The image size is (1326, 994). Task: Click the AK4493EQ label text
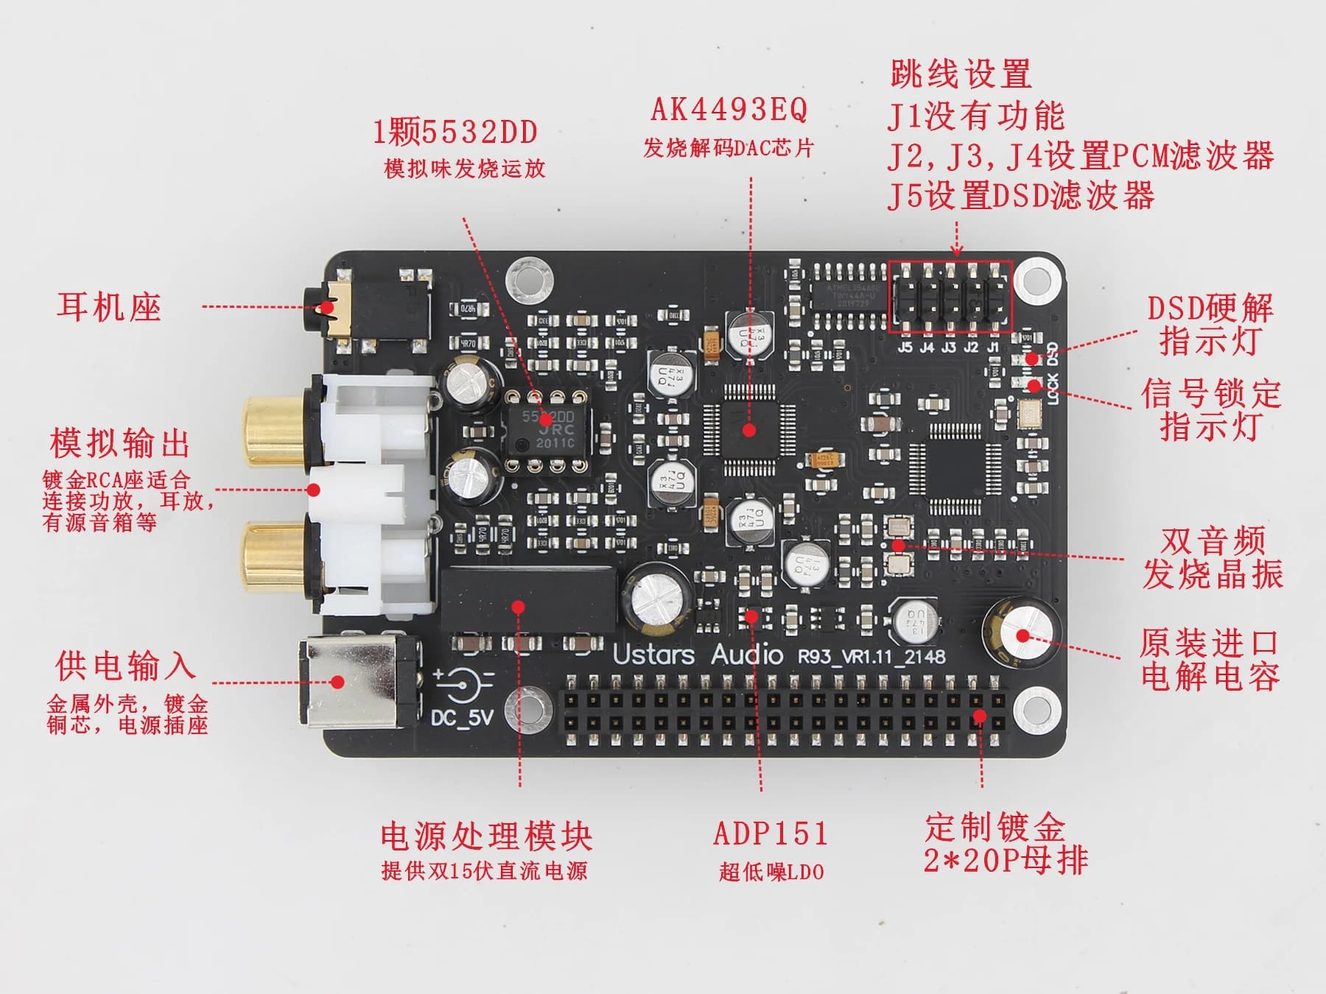pyautogui.click(x=729, y=110)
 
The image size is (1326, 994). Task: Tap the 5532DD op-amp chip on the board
pyautogui.click(x=548, y=429)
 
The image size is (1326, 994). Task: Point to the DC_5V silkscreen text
pyautogui.click(x=462, y=716)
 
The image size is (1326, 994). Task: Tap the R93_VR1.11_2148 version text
pyautogui.click(x=871, y=656)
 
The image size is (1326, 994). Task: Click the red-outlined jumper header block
pyautogui.click(x=950, y=297)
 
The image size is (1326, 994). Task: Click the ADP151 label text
pyautogui.click(x=771, y=833)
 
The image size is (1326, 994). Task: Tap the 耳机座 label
pyautogui.click(x=108, y=306)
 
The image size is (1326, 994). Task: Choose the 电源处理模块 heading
pyautogui.click(x=486, y=836)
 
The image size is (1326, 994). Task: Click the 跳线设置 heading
pyautogui.click(x=961, y=74)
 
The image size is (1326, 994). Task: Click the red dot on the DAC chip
pyautogui.click(x=749, y=430)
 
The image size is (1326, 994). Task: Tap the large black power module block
pyautogui.click(x=527, y=599)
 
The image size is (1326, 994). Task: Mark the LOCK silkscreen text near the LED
pyautogui.click(x=1052, y=388)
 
